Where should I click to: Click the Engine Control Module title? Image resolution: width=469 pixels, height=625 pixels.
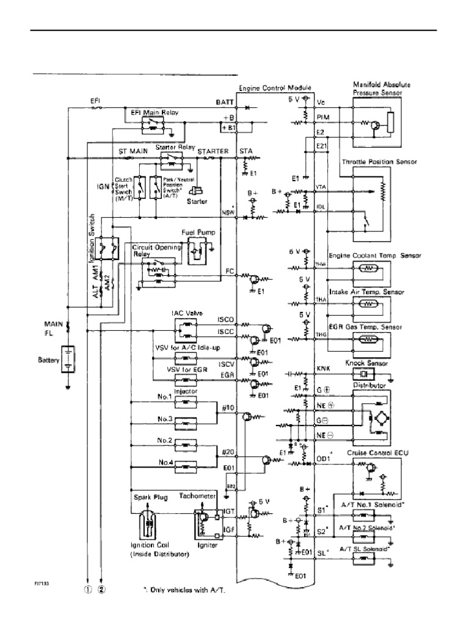tap(275, 89)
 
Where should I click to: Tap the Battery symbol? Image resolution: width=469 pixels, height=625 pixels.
tap(70, 360)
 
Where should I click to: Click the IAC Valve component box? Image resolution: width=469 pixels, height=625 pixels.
tap(187, 330)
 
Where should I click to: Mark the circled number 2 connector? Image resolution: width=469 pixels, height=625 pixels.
tap(101, 590)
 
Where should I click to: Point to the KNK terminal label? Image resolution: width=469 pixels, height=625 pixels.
tap(324, 369)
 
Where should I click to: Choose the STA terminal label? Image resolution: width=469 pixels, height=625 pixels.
tap(247, 151)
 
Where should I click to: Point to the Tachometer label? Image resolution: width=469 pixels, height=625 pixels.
tap(198, 496)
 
